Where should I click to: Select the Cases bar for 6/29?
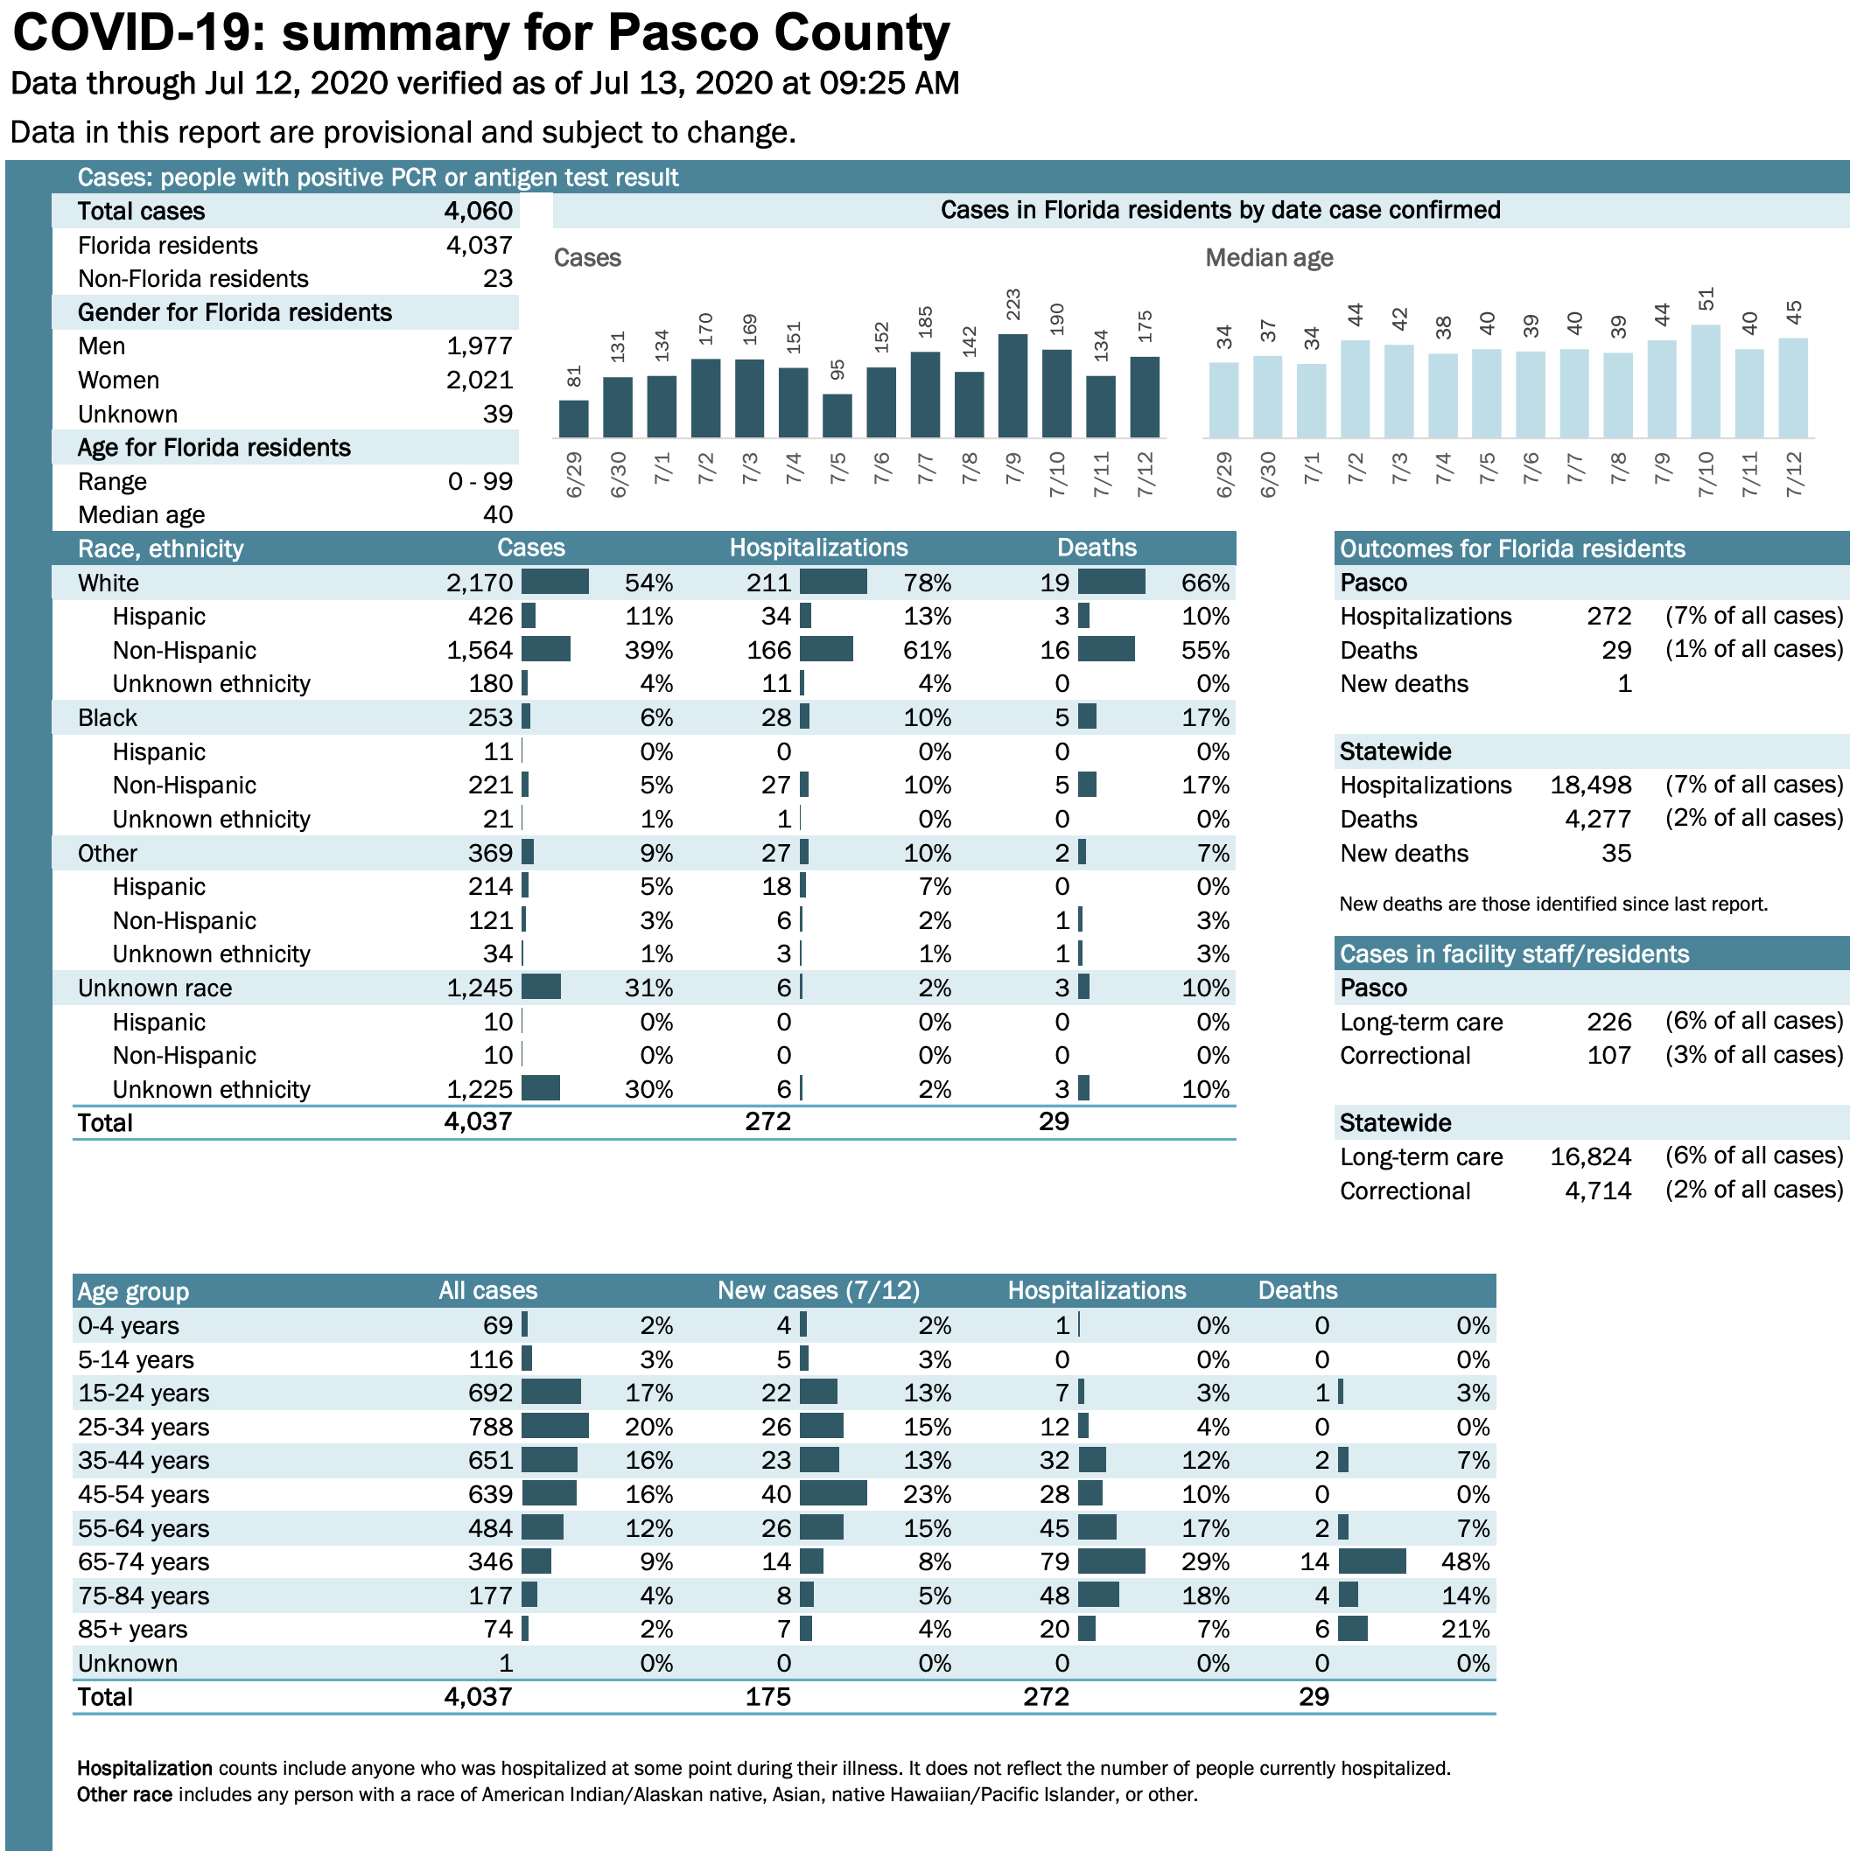573,419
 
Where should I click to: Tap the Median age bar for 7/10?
1706,381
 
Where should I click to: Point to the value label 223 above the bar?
1013,304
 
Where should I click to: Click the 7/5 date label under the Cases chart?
837,470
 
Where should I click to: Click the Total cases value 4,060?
479,211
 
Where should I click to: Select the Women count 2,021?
480,381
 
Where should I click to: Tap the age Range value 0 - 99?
480,481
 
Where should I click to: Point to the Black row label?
108,717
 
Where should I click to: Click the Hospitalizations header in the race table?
818,548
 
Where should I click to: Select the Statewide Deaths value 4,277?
1598,819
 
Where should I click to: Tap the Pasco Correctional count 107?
1608,1055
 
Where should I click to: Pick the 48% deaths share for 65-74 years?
1465,1561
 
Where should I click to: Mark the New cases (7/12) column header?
818,1290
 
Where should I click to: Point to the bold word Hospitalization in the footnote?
144,1768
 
